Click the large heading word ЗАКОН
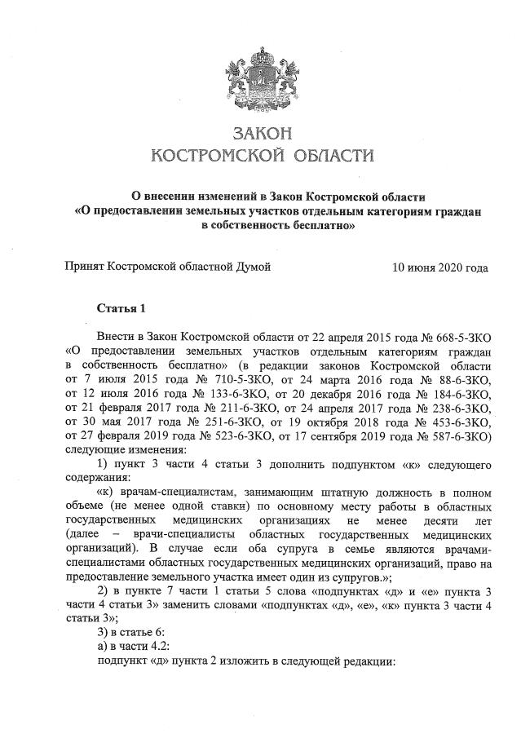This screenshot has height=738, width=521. pos(261,132)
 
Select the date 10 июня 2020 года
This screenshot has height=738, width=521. pos(440,267)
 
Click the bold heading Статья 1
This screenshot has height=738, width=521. pos(121,308)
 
